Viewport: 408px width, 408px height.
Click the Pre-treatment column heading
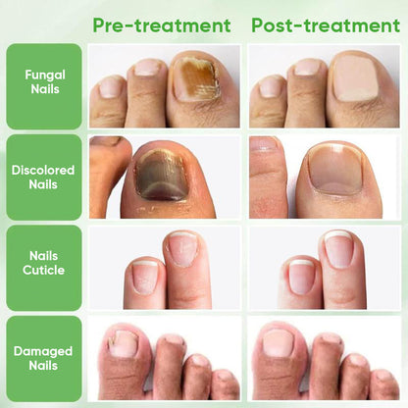[162, 25]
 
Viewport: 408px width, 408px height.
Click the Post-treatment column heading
[326, 25]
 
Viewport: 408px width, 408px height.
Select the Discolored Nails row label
[44, 177]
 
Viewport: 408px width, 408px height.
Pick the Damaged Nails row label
[44, 358]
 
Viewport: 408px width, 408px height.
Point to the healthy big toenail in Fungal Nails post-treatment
[354, 78]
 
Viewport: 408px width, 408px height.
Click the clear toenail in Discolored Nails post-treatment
[336, 169]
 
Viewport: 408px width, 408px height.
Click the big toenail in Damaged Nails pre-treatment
[124, 343]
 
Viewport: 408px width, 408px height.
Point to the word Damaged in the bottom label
[44, 350]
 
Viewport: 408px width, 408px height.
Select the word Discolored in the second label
[44, 169]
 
